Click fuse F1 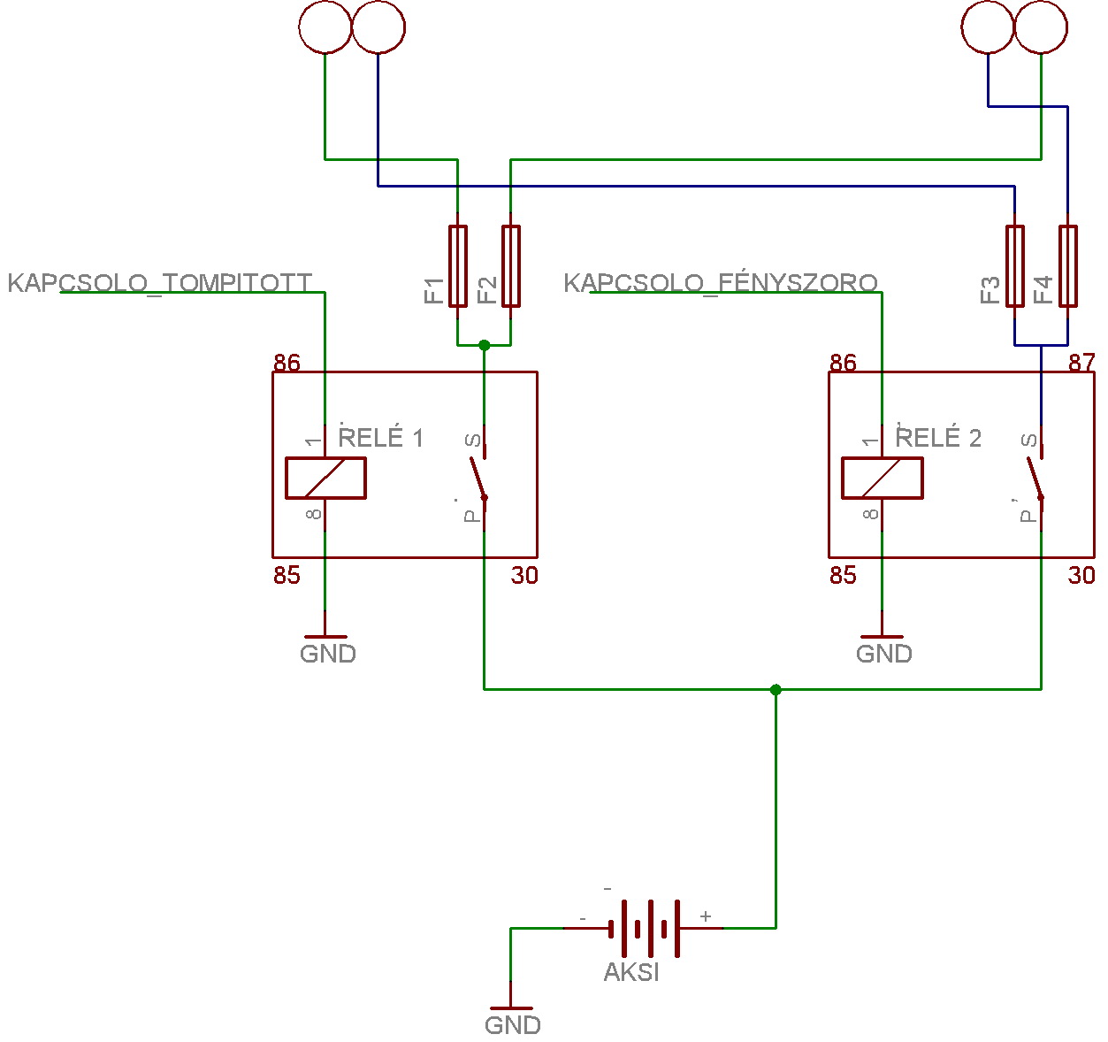[x=457, y=266]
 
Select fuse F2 [x=510, y=266]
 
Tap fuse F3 [x=1015, y=266]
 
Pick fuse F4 [x=1068, y=266]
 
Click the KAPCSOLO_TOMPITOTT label [x=159, y=283]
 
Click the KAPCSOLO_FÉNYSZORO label [x=721, y=283]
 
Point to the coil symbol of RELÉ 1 [x=325, y=478]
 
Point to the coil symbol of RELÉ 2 [x=883, y=478]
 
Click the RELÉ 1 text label [x=381, y=438]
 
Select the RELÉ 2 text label [x=938, y=438]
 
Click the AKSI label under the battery [x=631, y=972]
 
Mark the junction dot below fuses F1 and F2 [x=484, y=345]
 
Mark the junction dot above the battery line [x=776, y=689]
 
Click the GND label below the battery [x=513, y=1025]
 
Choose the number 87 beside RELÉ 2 [x=1081, y=363]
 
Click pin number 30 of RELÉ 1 [x=524, y=576]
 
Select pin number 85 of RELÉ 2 [x=843, y=576]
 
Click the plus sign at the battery [x=706, y=916]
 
